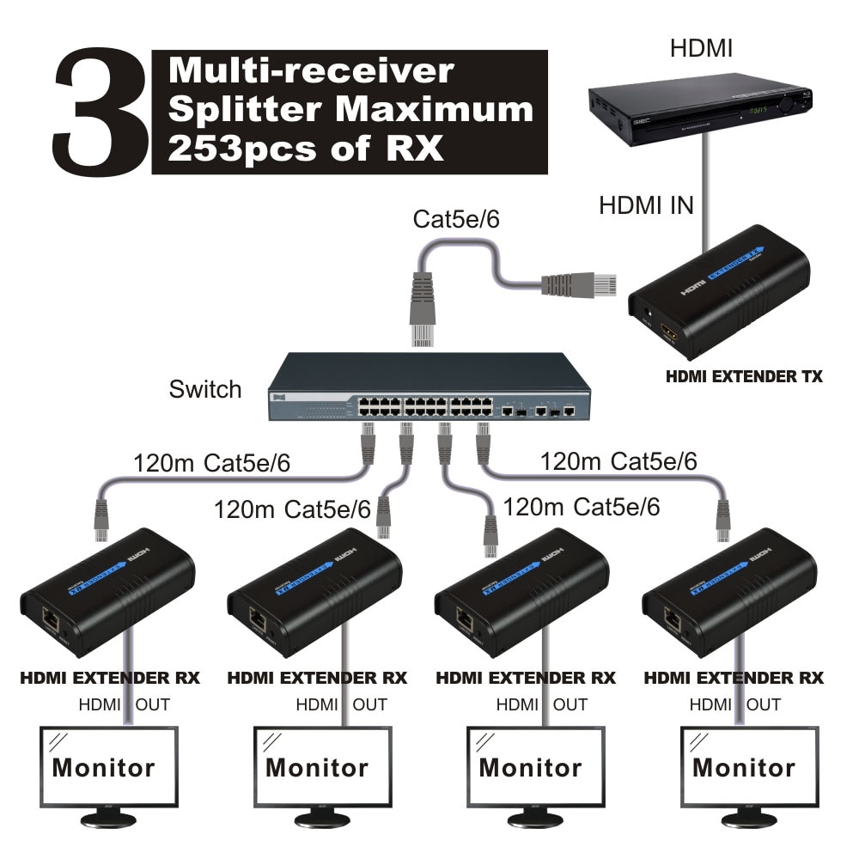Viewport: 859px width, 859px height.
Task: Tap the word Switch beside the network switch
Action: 205,389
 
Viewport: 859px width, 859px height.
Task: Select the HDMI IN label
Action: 646,205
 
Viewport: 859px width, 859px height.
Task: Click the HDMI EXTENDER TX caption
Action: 744,376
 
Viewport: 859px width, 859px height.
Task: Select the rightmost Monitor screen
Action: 744,767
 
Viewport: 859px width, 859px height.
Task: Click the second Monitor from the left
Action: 317,767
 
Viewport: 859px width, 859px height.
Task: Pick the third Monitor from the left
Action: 530,767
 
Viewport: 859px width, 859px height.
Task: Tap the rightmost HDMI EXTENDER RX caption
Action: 734,678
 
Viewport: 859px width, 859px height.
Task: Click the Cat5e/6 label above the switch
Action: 456,219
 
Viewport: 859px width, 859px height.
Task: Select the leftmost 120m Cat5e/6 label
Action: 211,463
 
